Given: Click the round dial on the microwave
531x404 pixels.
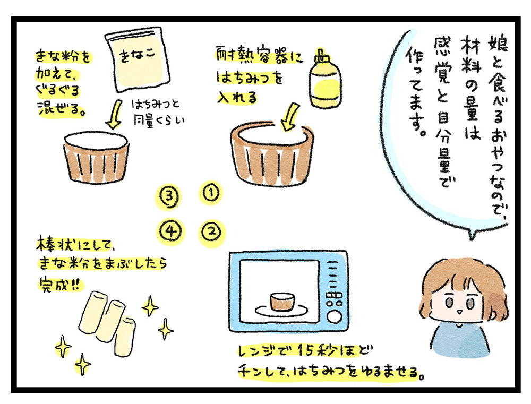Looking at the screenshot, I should coord(334,317).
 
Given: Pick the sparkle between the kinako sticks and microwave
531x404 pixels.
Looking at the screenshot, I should coord(166,330).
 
